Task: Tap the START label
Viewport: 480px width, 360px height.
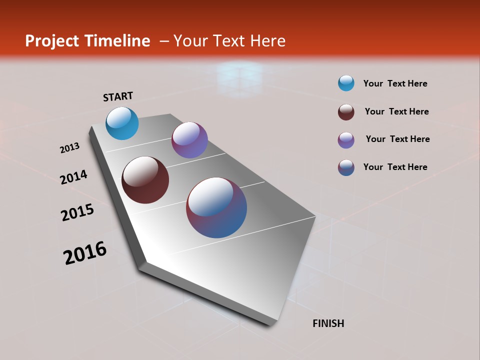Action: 118,96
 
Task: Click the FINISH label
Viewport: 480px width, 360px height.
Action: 328,323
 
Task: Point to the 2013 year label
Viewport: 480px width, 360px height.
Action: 69,148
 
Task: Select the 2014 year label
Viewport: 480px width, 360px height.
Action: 73,177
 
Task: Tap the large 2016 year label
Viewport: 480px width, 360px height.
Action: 85,252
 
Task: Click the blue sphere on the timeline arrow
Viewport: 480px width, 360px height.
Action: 122,123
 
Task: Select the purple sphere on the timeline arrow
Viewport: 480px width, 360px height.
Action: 189,140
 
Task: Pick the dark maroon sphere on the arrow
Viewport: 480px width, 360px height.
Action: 145,180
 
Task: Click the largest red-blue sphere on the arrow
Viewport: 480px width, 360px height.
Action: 216,207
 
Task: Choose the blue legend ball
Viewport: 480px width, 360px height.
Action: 346,83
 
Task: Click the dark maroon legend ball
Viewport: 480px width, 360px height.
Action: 346,111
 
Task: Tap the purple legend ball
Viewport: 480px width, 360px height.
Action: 346,139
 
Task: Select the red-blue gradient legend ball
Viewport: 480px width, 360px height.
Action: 346,167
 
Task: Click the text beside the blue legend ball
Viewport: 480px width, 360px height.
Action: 395,83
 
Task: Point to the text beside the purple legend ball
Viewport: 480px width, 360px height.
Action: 397,139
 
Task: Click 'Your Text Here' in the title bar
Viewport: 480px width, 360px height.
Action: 229,41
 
